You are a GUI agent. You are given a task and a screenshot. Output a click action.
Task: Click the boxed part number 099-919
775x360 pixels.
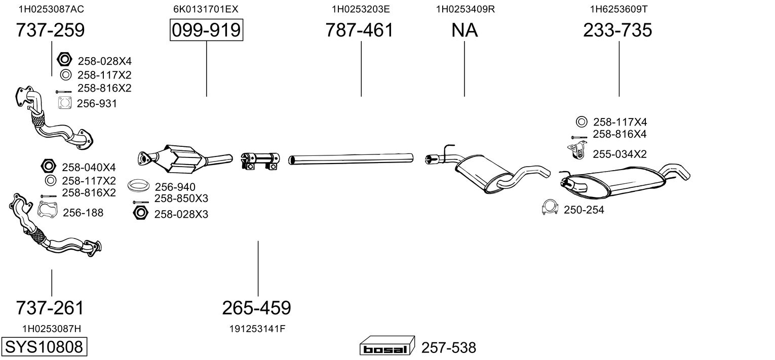(206, 30)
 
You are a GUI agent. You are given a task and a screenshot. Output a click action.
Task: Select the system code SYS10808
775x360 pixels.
(44, 347)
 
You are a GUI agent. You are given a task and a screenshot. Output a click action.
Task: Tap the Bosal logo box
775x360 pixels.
(387, 347)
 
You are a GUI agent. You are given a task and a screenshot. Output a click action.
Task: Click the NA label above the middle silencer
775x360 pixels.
(464, 30)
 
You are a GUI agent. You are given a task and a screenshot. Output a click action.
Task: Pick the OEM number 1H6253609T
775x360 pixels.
(618, 9)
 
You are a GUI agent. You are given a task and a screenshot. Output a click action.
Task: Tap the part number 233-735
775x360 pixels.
(617, 30)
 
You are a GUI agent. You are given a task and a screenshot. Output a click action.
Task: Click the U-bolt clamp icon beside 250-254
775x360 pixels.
(550, 208)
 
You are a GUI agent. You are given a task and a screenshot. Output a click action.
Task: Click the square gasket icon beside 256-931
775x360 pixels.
(64, 103)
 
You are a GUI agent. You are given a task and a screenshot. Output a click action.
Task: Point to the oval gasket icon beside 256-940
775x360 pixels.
(137, 186)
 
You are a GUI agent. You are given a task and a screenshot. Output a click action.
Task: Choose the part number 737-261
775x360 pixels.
(50, 307)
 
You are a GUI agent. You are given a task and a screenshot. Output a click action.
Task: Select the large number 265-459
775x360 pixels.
(257, 307)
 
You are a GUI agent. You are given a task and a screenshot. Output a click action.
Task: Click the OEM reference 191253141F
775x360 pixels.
(257, 329)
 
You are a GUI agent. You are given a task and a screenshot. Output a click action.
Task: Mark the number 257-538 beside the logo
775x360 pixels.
(448, 348)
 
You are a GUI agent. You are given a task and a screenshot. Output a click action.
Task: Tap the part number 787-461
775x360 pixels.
(359, 30)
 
